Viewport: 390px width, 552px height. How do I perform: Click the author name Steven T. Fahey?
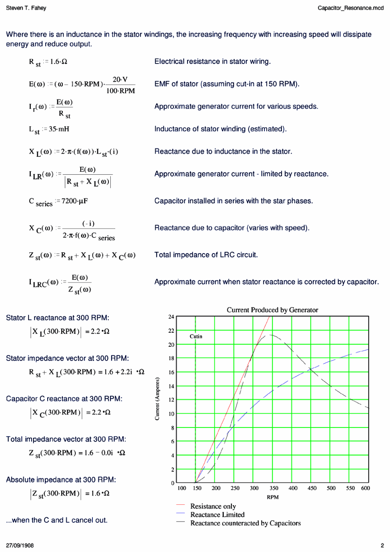26,8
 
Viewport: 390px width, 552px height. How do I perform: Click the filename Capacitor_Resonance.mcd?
350,8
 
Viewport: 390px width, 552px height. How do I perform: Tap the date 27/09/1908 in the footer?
20,545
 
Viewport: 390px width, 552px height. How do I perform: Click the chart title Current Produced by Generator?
272,310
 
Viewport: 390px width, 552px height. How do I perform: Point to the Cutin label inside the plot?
196,336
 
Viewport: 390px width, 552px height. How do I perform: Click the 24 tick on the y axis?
171,317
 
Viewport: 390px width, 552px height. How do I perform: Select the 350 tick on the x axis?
274,488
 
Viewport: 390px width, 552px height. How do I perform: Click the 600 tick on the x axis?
365,488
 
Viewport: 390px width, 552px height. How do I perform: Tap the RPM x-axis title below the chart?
273,497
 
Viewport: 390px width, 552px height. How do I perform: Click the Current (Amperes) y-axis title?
157,399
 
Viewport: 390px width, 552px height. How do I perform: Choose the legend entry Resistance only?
213,506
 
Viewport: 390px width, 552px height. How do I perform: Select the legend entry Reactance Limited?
217,515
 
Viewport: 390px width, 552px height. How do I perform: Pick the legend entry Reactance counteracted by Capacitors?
245,524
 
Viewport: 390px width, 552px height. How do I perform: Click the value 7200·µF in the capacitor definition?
74,201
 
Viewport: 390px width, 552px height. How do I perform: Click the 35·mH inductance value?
59,129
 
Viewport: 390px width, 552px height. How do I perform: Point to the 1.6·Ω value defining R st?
58,62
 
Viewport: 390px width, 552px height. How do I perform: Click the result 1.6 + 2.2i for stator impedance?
118,372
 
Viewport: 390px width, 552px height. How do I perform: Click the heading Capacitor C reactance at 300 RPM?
64,399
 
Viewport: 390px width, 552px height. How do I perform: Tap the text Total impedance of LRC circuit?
206,255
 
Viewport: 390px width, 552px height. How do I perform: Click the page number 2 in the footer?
382,545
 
